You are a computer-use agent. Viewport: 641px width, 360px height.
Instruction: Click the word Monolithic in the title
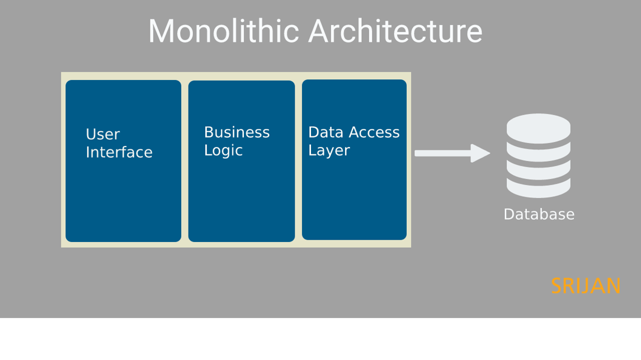pos(224,31)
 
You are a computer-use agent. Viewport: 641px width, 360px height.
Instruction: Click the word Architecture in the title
pos(395,31)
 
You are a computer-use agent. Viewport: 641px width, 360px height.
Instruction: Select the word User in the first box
pos(102,135)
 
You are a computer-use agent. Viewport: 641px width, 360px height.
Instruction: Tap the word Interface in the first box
pos(119,153)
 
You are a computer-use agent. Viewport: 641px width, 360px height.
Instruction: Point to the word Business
pos(237,132)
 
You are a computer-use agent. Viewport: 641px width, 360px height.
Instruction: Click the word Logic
pos(223,151)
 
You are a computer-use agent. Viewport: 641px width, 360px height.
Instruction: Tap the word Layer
pos(328,151)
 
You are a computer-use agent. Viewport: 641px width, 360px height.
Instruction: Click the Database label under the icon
pos(539,215)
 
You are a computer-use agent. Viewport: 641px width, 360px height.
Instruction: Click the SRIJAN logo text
pos(586,286)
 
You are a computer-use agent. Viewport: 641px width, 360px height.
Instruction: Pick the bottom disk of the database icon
pos(539,189)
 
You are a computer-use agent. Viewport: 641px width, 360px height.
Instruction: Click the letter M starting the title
pos(161,31)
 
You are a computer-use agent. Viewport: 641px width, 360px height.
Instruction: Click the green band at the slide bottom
pos(320,339)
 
